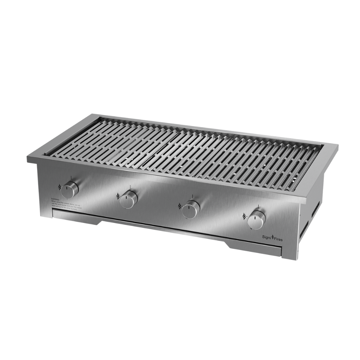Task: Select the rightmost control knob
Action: pyautogui.click(x=256, y=220)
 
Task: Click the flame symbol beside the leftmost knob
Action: pyautogui.click(x=60, y=187)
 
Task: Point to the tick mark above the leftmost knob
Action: pyautogui.click(x=71, y=177)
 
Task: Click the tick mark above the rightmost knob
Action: pyautogui.click(x=258, y=206)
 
